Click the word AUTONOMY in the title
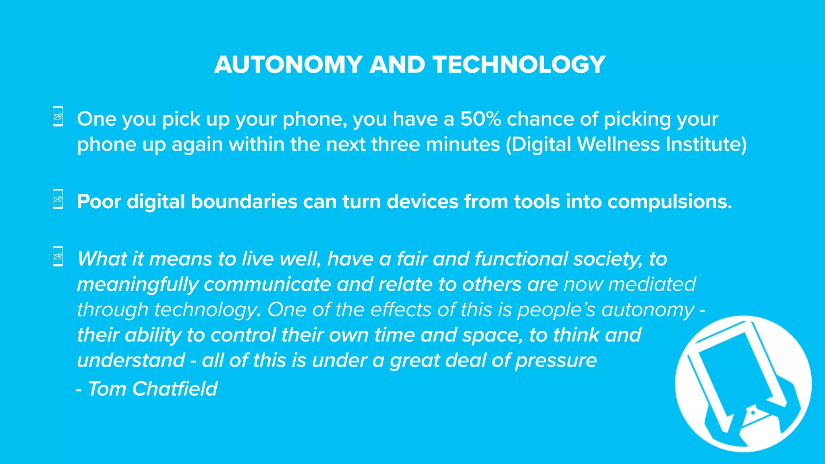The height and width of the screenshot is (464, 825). (x=288, y=64)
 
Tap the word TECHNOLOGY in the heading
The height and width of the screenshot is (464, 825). (x=519, y=64)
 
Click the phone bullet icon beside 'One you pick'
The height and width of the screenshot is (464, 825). (x=58, y=116)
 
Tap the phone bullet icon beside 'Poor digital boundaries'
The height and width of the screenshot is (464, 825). (x=58, y=199)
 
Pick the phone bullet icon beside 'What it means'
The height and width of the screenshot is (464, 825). (x=58, y=256)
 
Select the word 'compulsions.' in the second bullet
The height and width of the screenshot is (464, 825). (x=670, y=201)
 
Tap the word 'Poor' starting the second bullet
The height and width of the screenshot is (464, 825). (x=99, y=201)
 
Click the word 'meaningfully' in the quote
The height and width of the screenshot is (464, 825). (x=137, y=285)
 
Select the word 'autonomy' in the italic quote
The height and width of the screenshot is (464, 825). (x=648, y=310)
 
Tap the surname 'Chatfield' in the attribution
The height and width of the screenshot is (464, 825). (x=175, y=389)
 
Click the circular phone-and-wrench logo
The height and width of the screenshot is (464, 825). (x=743, y=383)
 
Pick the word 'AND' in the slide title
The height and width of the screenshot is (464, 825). (x=397, y=64)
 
